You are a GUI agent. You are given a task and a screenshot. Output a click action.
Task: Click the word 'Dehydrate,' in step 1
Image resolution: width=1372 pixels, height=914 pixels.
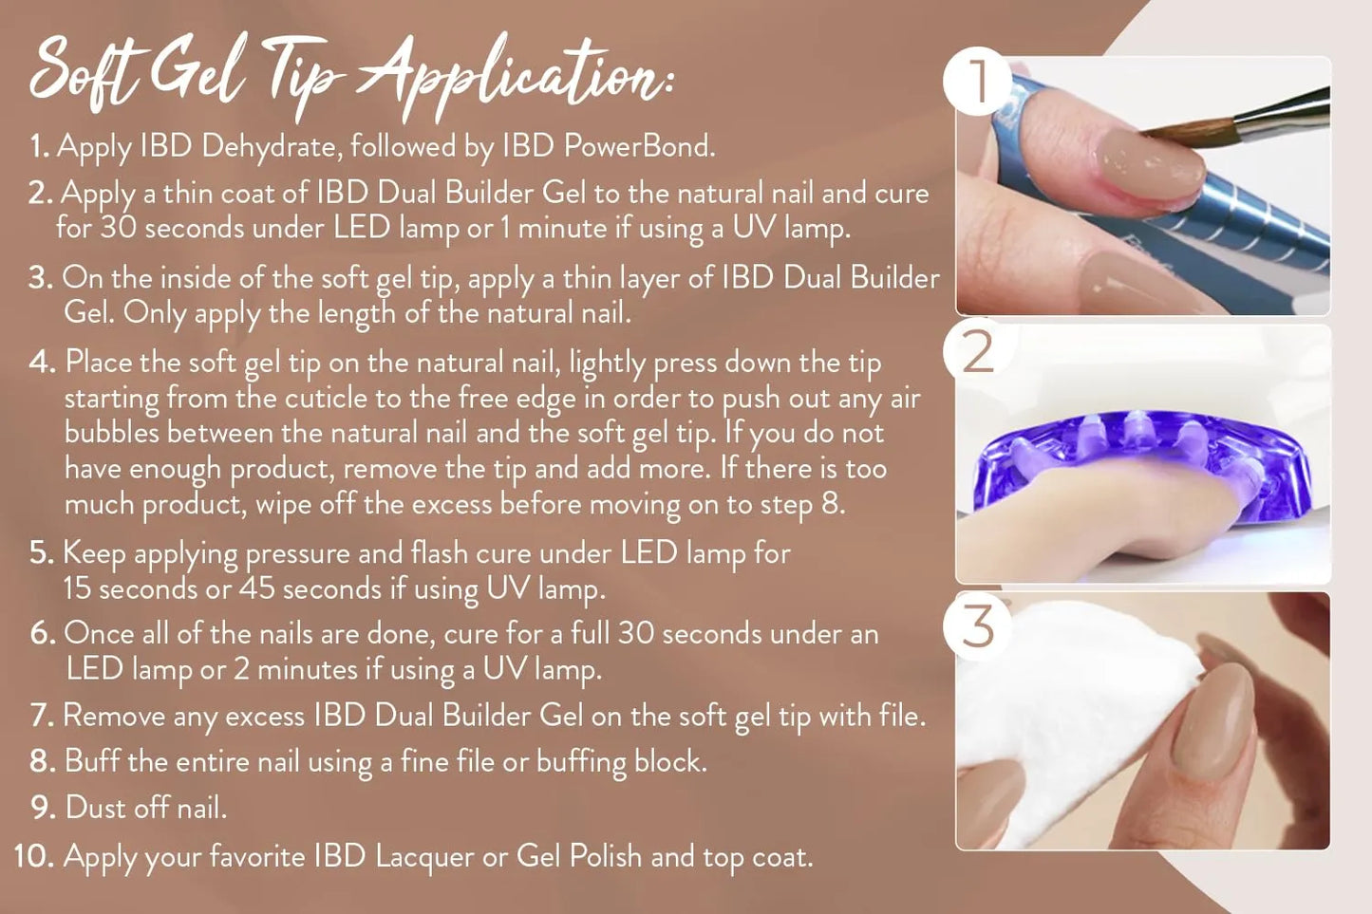272,147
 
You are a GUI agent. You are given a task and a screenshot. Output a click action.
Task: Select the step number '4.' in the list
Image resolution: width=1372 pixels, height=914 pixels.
43,362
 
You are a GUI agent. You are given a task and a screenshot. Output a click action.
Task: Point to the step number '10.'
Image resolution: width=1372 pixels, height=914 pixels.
36,855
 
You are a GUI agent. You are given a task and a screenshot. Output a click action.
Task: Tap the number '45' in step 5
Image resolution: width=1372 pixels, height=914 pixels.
256,588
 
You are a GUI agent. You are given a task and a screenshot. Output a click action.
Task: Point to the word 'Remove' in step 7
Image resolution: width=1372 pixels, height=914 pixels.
113,716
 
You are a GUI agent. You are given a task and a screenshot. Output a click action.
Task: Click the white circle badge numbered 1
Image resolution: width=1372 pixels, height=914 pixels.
977,81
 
